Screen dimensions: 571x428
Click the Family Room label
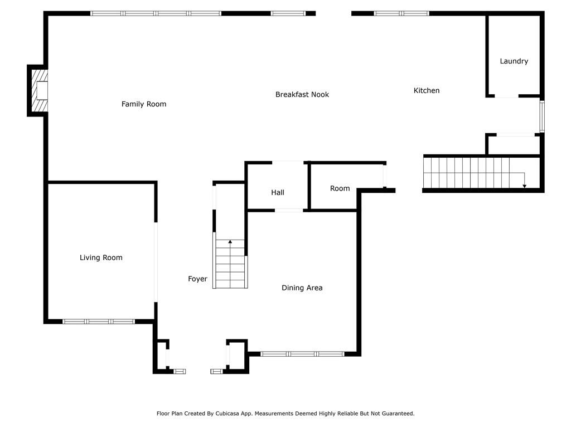[144, 104]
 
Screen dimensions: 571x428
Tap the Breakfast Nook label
[302, 95]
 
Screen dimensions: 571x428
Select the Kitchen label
[427, 91]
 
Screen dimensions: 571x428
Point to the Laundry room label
[514, 61]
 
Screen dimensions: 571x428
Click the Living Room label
[101, 257]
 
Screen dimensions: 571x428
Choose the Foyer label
[197, 279]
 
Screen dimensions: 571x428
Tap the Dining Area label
[302, 288]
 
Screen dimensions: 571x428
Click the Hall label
[278, 192]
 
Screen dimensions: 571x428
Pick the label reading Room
[340, 188]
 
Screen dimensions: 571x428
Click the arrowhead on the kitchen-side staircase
[524, 186]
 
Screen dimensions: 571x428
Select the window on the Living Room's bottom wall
[99, 322]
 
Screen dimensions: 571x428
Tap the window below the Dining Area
[302, 354]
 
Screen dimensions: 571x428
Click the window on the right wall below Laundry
[542, 116]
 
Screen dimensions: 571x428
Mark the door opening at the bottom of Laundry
[506, 96]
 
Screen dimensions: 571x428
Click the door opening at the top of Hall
[288, 162]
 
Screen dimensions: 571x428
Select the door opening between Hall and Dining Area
[289, 210]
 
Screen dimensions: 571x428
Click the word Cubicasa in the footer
[229, 414]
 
